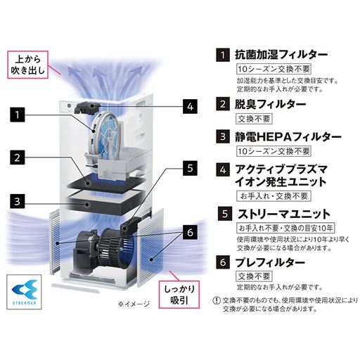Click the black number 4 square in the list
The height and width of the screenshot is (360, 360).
222,169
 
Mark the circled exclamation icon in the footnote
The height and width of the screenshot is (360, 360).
216,300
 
